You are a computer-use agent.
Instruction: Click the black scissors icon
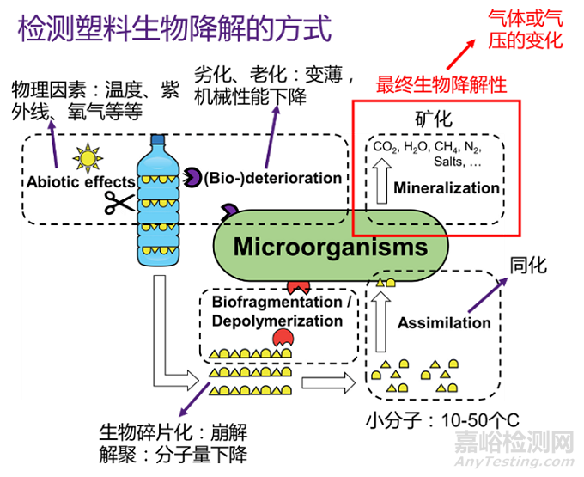(119, 203)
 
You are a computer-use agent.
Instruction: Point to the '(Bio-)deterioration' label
(272, 178)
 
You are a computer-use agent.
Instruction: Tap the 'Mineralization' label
(446, 187)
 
